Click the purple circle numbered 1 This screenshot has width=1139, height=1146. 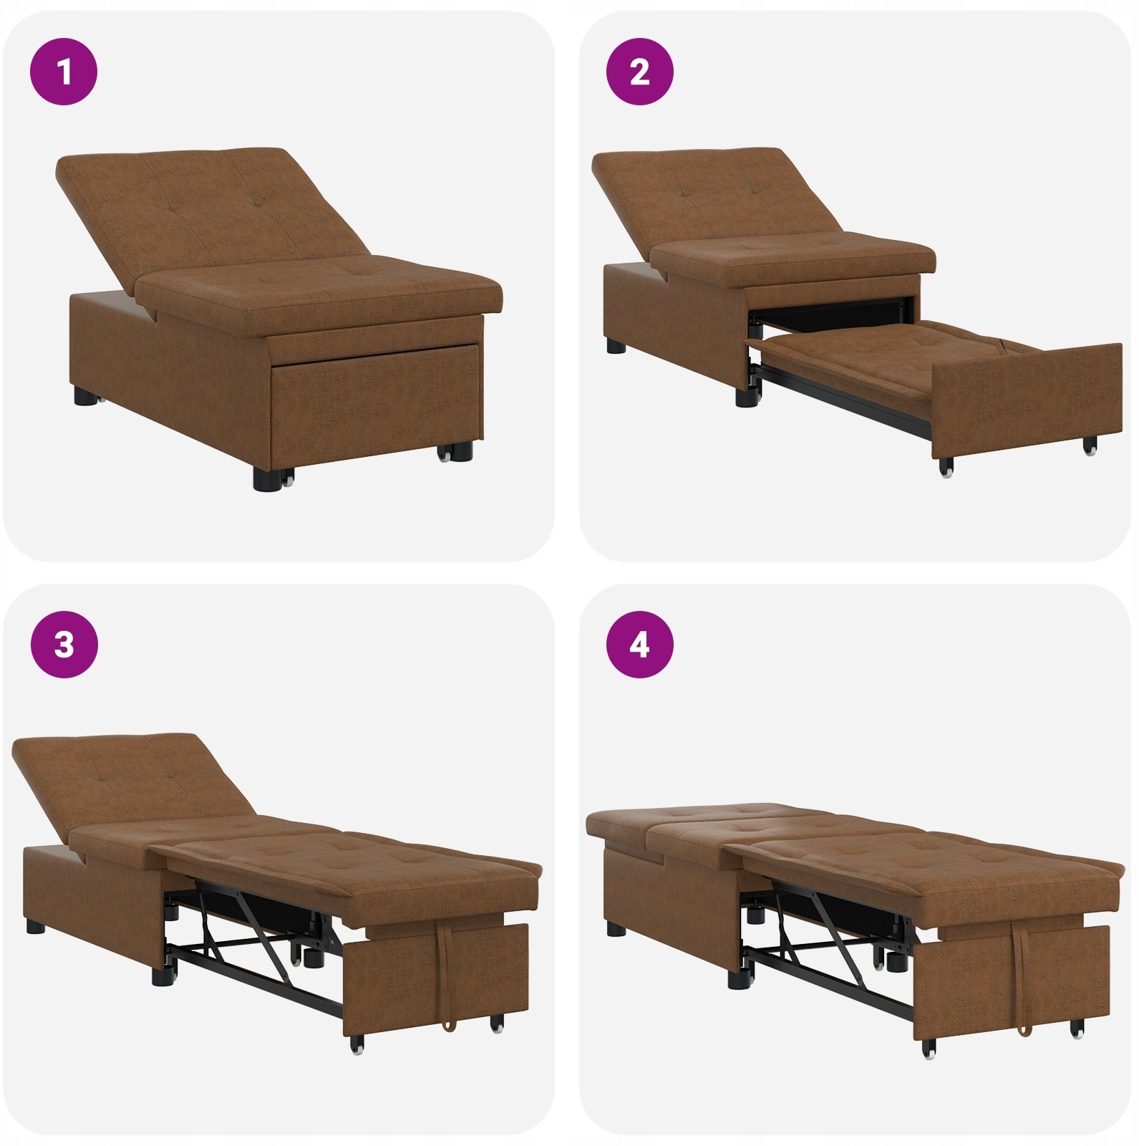[x=64, y=72]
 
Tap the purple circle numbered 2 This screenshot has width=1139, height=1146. [x=639, y=72]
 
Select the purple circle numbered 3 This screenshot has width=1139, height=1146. [x=64, y=644]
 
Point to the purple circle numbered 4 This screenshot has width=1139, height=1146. [x=639, y=644]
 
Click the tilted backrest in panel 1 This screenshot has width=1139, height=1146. [x=208, y=215]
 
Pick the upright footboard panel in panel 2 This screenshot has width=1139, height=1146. [x=1027, y=401]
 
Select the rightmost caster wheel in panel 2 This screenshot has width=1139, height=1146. [x=1090, y=446]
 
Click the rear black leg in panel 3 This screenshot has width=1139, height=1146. [x=34, y=927]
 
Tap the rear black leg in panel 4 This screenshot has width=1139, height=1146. [x=615, y=929]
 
